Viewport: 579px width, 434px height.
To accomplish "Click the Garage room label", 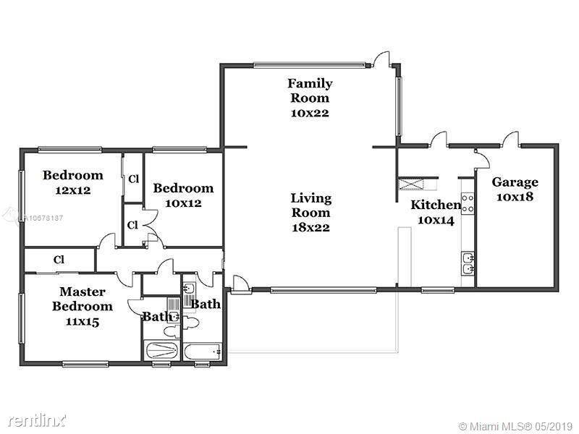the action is (x=515, y=182).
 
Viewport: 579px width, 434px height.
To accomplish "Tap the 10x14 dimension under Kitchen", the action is (x=436, y=221).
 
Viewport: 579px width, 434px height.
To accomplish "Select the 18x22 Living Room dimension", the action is (x=311, y=227).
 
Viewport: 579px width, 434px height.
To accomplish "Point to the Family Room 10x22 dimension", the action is (x=310, y=113).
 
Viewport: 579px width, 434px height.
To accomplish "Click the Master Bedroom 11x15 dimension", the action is (x=83, y=322).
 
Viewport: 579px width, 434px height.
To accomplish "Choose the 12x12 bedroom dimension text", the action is (x=73, y=190).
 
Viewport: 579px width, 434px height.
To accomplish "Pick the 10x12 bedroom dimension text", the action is (x=183, y=203).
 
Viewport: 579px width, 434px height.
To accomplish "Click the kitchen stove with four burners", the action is (x=468, y=203).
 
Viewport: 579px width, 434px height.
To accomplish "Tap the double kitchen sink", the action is (x=468, y=263).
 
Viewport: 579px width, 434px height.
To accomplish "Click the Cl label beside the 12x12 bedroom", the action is (x=134, y=179).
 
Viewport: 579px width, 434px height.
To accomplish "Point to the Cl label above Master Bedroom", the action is (x=59, y=260).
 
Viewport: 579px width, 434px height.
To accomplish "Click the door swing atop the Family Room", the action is (x=381, y=59).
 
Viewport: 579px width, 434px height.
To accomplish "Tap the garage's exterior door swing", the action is (x=510, y=138).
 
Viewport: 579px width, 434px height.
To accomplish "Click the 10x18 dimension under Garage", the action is (x=515, y=197).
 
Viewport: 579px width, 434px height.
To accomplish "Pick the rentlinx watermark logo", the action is (x=38, y=420).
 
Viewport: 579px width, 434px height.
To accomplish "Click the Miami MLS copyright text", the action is (x=516, y=426).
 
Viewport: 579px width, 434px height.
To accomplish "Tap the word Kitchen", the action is (x=436, y=205).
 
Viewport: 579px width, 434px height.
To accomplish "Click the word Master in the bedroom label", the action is (x=83, y=292).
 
